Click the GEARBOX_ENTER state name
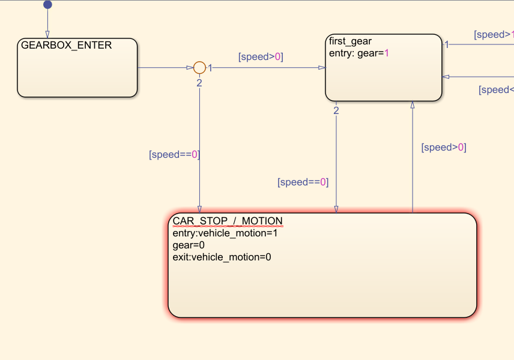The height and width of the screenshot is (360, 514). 66,45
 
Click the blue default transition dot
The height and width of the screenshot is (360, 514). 47,5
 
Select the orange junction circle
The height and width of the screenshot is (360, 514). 199,68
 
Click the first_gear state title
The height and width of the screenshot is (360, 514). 350,41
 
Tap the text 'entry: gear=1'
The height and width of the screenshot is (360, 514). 359,53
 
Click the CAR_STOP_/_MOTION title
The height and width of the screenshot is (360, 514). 227,221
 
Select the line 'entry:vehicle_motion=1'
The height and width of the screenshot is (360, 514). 225,233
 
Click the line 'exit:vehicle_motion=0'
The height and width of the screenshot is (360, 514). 222,257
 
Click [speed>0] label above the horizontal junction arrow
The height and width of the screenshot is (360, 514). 261,57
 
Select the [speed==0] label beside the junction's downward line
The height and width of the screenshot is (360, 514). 174,154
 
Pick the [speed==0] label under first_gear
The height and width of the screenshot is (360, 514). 303,182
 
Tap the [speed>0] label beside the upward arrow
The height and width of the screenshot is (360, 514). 444,147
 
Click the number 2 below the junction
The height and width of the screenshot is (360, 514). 199,83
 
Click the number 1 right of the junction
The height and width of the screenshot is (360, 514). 210,68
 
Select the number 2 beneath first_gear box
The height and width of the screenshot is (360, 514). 336,110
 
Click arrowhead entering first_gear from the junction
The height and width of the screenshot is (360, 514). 322,68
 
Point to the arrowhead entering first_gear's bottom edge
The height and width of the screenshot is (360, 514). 413,104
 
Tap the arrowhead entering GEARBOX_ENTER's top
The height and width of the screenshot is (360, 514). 47,35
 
